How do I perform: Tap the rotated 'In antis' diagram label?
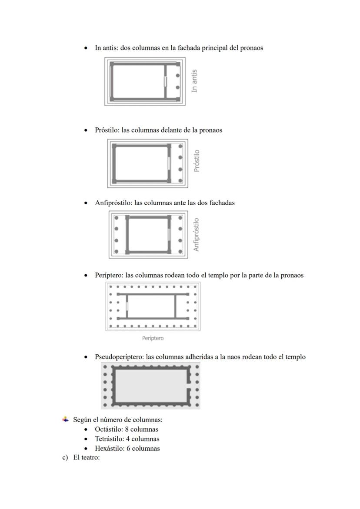coord(194,81)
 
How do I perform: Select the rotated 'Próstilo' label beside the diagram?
coord(197,161)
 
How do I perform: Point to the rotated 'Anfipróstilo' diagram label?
coord(197,235)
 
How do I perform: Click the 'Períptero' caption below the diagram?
coord(153,338)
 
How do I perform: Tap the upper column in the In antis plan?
coord(177,76)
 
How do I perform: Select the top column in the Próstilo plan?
coord(180,146)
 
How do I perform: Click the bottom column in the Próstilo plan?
coord(180,180)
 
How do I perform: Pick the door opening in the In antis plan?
coord(165,81)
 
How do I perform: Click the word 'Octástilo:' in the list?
coord(109,429)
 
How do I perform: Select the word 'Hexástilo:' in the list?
coord(110,449)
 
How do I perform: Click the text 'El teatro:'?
coord(87,457)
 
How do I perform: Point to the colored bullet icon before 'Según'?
coord(65,419)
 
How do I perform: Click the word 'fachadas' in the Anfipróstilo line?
coord(222,203)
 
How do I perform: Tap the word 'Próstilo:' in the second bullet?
coord(107,130)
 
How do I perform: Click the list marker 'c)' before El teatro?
coord(65,457)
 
